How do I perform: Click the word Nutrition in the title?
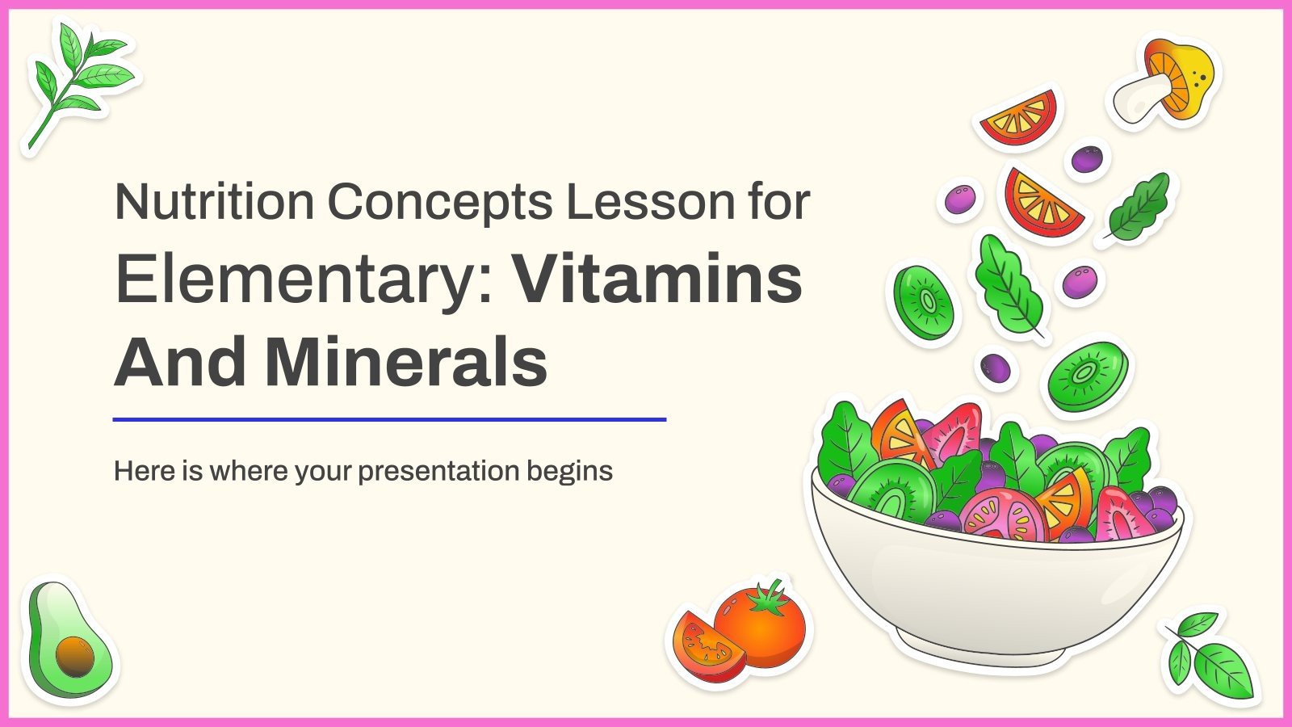(x=214, y=202)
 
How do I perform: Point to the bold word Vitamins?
(x=658, y=280)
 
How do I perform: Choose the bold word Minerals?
(x=405, y=363)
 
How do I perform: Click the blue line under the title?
(x=389, y=420)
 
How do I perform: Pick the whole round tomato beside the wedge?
(x=763, y=626)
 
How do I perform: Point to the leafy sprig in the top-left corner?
(x=77, y=81)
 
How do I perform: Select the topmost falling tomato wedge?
(x=1020, y=118)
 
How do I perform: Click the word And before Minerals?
(x=180, y=363)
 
